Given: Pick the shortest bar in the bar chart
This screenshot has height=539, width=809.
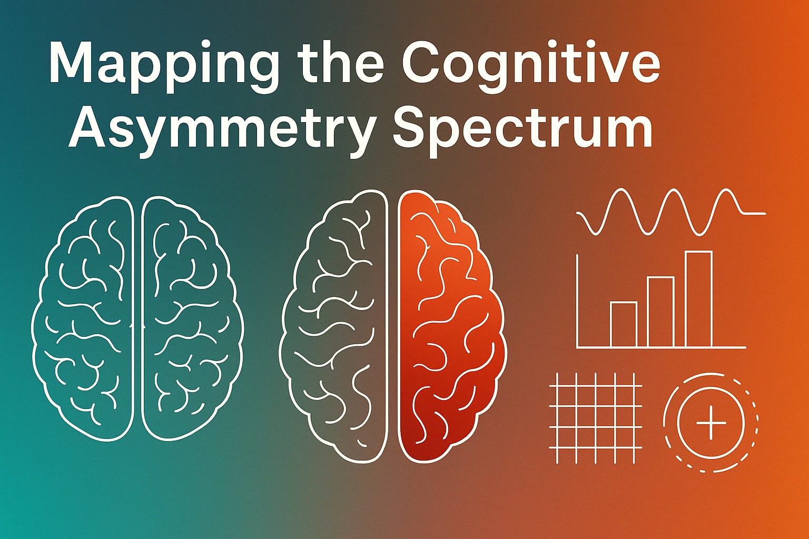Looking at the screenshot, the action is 623,324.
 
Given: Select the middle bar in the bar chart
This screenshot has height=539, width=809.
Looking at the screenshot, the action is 660,312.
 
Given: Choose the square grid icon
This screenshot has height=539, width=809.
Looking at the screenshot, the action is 595,410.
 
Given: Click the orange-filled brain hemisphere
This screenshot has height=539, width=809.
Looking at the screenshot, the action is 450,326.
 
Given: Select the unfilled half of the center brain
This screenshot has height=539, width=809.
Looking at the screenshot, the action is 337,326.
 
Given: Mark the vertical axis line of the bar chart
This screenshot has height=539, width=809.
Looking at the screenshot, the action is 578,300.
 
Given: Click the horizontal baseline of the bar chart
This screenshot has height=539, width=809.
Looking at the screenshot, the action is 661,347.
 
